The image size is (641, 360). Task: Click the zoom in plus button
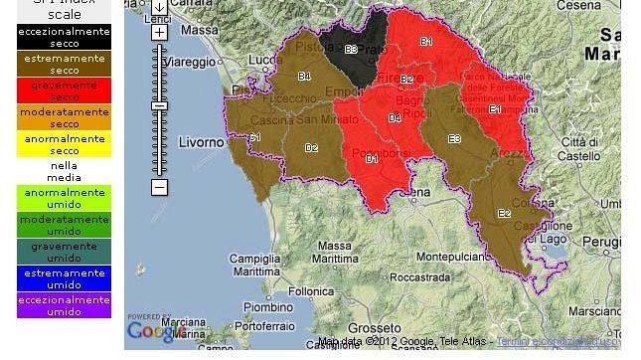point(159,33)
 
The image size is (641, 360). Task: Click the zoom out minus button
point(159,187)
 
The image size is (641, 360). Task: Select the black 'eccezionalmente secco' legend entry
point(64,37)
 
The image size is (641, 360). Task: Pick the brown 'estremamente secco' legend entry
point(64,65)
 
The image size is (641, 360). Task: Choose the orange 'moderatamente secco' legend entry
point(64,118)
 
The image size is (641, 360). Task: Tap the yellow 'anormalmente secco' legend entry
point(64,145)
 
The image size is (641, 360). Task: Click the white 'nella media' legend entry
point(64,172)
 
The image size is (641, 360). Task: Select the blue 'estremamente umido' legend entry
point(64,278)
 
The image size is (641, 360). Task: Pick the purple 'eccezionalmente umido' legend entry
point(64,305)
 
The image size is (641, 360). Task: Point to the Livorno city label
point(202,142)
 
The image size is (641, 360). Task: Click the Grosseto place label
point(377,328)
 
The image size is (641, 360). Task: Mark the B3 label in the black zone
point(351,49)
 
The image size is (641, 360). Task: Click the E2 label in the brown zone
point(504,213)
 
